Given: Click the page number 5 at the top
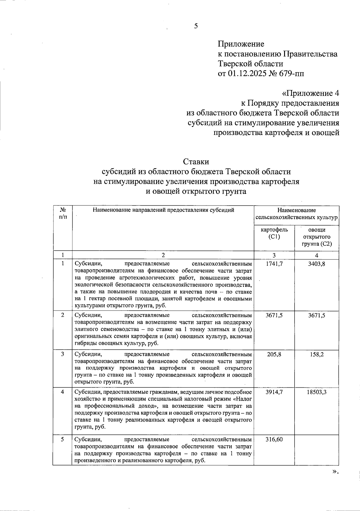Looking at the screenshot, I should point(196,26).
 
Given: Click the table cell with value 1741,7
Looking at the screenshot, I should point(274,264).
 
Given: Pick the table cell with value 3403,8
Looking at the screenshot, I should point(317,264).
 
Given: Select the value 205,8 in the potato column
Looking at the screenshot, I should point(274,354).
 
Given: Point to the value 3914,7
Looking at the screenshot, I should point(274,392).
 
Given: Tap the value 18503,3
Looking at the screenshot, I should point(317,392).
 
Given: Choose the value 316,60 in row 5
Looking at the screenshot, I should point(274,440).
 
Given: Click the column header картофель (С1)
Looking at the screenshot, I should point(274,233).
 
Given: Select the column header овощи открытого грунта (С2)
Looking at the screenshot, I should point(317,237).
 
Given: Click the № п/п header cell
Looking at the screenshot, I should point(62,213).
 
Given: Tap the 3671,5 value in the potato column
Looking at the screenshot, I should point(274,315).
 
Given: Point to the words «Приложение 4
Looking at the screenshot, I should point(310,93).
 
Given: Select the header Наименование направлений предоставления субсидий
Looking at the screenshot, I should point(163,210).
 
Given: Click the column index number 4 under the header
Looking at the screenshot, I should point(317,255).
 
